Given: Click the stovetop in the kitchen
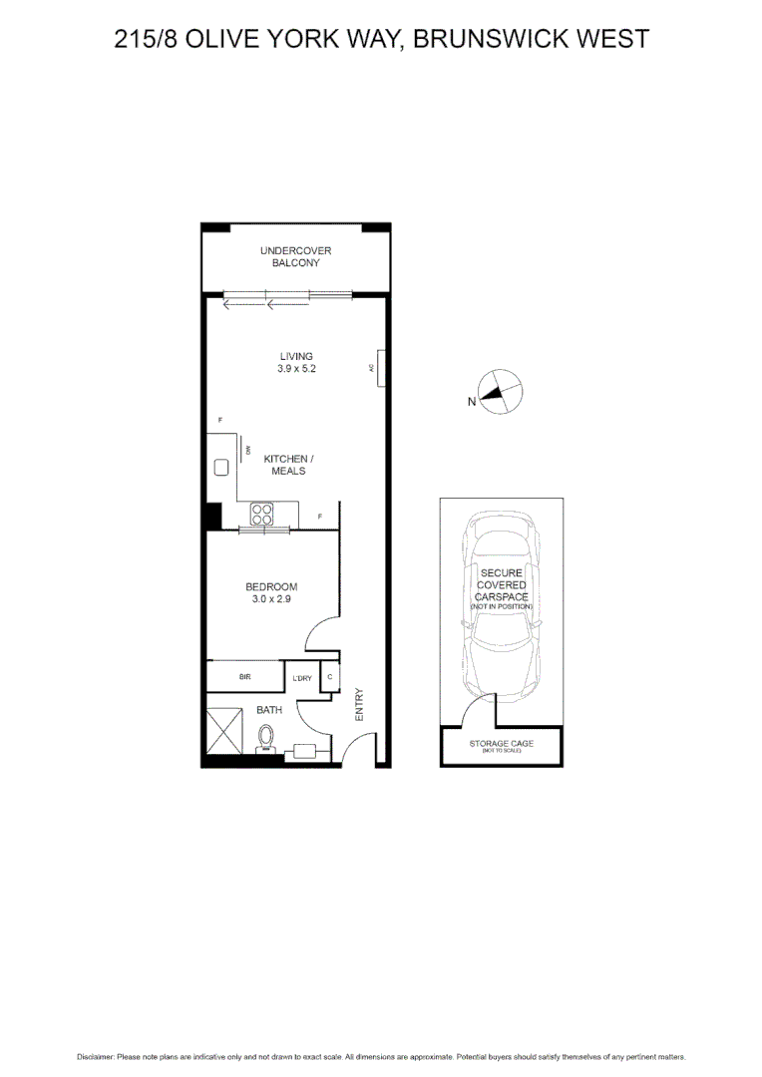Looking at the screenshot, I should click(x=262, y=515).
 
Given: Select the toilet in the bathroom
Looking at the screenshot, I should click(x=266, y=737).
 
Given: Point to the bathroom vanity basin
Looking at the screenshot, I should click(x=300, y=752).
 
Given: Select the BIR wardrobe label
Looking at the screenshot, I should click(x=244, y=676).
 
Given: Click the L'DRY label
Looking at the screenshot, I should click(x=302, y=679).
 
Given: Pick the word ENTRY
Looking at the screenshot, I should click(x=360, y=704).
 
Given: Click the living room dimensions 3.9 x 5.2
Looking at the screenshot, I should click(x=296, y=369).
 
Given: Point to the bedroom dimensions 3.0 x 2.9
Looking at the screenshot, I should click(x=272, y=599).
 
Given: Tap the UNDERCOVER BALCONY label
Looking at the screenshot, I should click(x=296, y=256).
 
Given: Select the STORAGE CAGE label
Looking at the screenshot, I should click(x=502, y=744).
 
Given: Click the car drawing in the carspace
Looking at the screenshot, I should click(x=502, y=608).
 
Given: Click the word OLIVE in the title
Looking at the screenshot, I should click(x=233, y=39).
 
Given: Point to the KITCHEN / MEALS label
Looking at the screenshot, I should click(x=288, y=465).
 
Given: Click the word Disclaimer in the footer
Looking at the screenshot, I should click(x=96, y=1056).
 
